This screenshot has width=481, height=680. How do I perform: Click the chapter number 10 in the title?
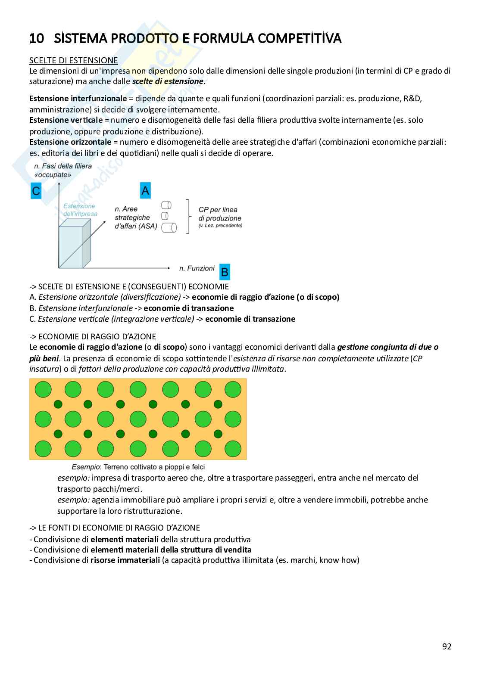click(37, 39)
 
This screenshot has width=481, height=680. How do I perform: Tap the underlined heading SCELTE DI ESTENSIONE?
click(73, 60)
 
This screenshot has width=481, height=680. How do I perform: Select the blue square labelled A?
click(145, 190)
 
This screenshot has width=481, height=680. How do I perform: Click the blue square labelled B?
click(225, 272)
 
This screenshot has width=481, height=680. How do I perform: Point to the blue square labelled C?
click(36, 191)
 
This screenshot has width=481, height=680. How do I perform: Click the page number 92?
click(447, 646)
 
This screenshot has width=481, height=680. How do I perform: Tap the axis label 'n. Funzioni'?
click(197, 268)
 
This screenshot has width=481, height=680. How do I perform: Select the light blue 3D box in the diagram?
click(74, 244)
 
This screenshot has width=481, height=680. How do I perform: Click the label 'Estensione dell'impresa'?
click(80, 210)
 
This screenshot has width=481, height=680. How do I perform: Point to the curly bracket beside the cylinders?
click(187, 217)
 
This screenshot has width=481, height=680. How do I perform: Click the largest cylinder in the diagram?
click(169, 227)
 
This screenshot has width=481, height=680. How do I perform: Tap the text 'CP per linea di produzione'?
click(220, 214)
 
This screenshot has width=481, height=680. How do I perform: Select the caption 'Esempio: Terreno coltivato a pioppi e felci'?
click(138, 467)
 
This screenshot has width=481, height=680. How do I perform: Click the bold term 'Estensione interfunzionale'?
click(78, 99)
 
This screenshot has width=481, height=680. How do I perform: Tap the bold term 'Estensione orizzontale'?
click(70, 142)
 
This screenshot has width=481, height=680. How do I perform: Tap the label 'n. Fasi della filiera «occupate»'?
click(63, 171)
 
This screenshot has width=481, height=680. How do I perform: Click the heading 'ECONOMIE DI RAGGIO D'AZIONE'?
click(97, 336)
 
